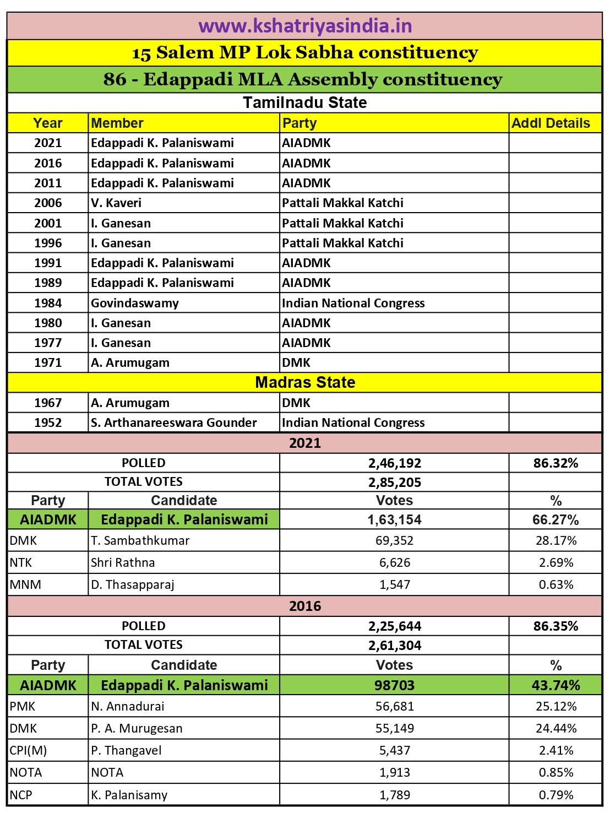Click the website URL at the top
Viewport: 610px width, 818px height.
(x=305, y=26)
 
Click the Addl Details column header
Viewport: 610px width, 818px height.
(x=551, y=123)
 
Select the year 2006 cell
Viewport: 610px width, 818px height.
(x=48, y=203)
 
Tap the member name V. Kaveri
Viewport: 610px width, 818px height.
(x=116, y=203)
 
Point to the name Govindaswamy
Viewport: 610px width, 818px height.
(x=135, y=303)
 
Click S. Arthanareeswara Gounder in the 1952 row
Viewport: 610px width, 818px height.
(x=174, y=422)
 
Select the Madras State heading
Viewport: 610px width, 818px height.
(x=305, y=382)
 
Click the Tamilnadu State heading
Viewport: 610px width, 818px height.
(x=305, y=102)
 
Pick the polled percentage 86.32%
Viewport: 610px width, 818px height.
(x=555, y=463)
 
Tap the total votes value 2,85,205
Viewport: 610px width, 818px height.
(x=395, y=482)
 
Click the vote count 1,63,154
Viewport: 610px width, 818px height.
(x=395, y=519)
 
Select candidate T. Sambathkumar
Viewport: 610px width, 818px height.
(x=140, y=540)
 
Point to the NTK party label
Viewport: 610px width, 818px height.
(x=21, y=562)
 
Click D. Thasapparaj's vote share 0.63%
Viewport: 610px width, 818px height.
(x=556, y=584)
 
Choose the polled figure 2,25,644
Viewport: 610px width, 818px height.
(x=395, y=626)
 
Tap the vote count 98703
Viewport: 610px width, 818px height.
(x=395, y=685)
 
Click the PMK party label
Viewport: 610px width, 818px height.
(x=23, y=706)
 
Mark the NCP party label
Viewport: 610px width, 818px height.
(x=21, y=795)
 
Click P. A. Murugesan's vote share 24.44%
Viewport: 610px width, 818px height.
(x=556, y=728)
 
